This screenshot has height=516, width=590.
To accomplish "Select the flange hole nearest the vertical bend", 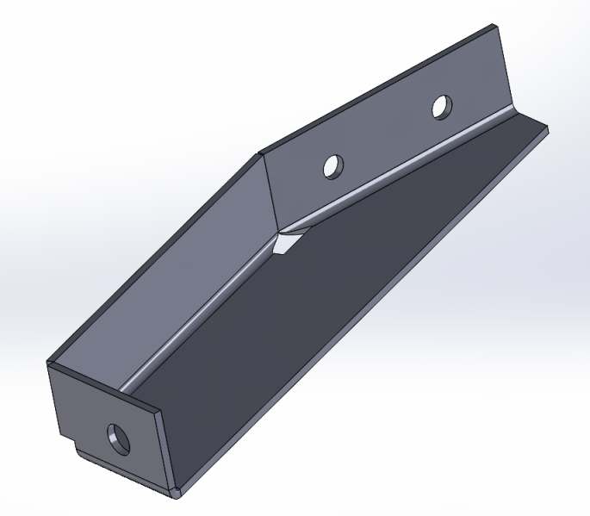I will tap(332, 165).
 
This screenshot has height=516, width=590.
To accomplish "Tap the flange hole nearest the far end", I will tap(440, 107).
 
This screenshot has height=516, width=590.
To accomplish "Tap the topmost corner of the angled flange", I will tap(494, 28).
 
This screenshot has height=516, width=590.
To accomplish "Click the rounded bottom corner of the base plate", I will tap(177, 494).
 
